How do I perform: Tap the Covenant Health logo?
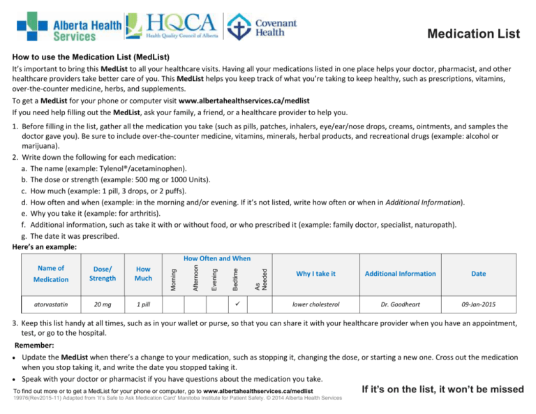point(264,27)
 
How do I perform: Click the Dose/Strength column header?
point(103,274)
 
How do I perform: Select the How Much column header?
point(143,274)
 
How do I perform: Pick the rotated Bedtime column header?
point(235,274)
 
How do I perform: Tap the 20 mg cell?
point(103,304)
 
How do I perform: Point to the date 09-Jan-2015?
point(478,304)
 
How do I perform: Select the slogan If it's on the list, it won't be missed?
point(442,388)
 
